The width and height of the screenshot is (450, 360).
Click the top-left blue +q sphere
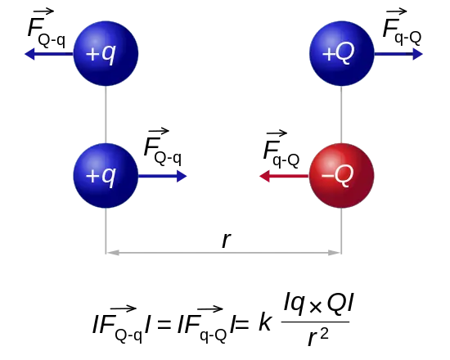pyautogui.click(x=106, y=53)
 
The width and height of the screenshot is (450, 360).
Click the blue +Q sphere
pyautogui.click(x=342, y=53)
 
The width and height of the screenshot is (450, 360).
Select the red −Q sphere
pyautogui.click(x=342, y=176)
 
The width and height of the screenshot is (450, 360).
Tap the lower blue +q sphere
pyautogui.click(x=106, y=176)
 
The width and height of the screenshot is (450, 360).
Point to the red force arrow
pyautogui.click(x=284, y=176)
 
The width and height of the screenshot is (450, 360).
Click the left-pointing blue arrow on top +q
pyautogui.click(x=49, y=54)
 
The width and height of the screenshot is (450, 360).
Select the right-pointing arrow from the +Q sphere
pyautogui.click(x=398, y=54)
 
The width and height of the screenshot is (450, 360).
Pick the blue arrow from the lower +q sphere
pyautogui.click(x=163, y=176)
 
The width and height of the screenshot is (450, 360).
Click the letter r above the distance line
pyautogui.click(x=227, y=240)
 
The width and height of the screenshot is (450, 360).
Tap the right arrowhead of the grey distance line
pyautogui.click(x=335, y=253)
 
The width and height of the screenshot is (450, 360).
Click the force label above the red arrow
pyautogui.click(x=281, y=149)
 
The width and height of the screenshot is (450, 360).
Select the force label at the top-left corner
pyautogui.click(x=47, y=29)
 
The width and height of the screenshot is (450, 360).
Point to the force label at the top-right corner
pyautogui.click(x=402, y=27)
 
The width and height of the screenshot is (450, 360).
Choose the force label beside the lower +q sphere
pyautogui.click(x=163, y=147)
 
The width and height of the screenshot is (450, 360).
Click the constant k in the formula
pyautogui.click(x=265, y=322)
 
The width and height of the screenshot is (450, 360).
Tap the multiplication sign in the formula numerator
pyautogui.click(x=315, y=307)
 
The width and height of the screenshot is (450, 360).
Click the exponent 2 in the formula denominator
pyautogui.click(x=324, y=334)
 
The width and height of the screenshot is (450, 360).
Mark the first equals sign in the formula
pyautogui.click(x=164, y=325)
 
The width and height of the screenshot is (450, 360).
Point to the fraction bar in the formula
pyautogui.click(x=315, y=322)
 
